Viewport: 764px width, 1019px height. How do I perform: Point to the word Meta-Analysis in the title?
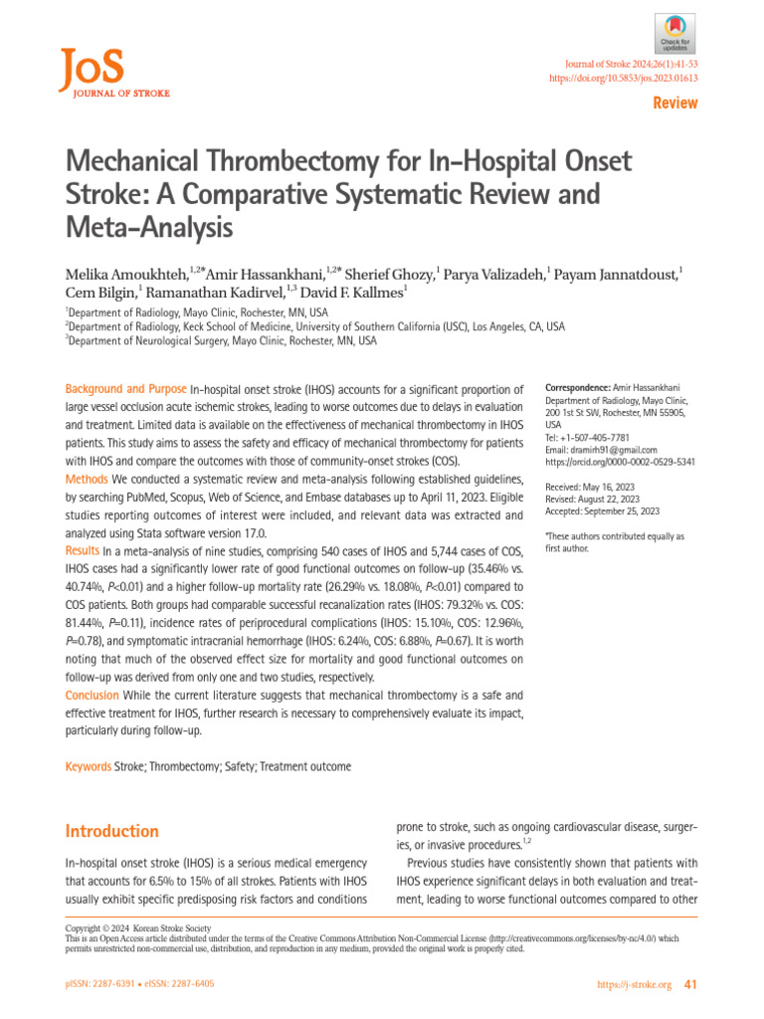(148, 229)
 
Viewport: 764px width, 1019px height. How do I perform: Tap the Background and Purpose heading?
(125, 388)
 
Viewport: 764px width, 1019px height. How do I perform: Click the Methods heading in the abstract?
(88, 480)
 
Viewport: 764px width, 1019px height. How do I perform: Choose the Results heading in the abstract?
(82, 550)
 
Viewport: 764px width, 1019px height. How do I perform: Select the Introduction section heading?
(111, 831)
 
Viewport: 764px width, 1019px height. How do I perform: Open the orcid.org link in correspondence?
(620, 462)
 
